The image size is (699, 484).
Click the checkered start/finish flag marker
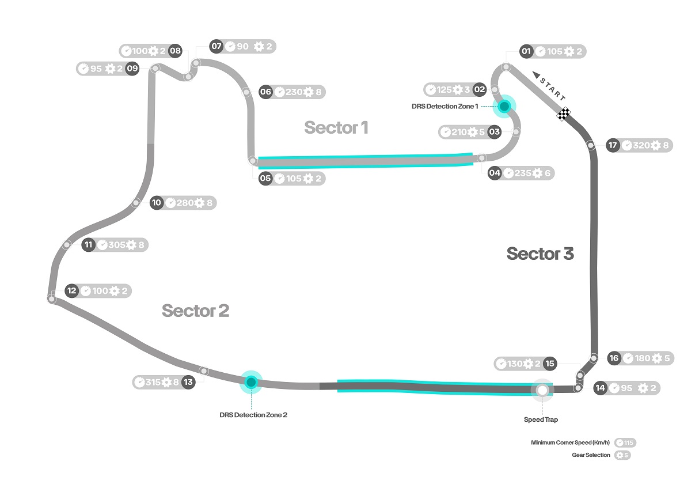point(563,114)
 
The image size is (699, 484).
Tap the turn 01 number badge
point(526,51)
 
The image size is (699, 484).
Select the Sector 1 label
point(336,127)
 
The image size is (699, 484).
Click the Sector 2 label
point(195,311)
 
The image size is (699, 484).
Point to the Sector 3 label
point(540,254)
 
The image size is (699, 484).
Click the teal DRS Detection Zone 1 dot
point(504,106)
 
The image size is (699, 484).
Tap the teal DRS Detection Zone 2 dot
point(251,382)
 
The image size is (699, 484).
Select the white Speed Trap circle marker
point(542,390)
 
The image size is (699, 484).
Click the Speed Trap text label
point(541,419)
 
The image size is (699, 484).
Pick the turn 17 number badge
point(612,145)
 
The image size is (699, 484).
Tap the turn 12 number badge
point(71,291)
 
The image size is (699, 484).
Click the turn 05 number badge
point(265,178)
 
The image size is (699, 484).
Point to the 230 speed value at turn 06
point(294,92)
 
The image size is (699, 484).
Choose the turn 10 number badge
point(157,203)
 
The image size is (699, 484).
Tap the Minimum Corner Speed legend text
point(570,443)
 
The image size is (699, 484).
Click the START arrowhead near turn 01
point(536,74)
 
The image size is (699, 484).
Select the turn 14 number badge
point(600,388)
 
